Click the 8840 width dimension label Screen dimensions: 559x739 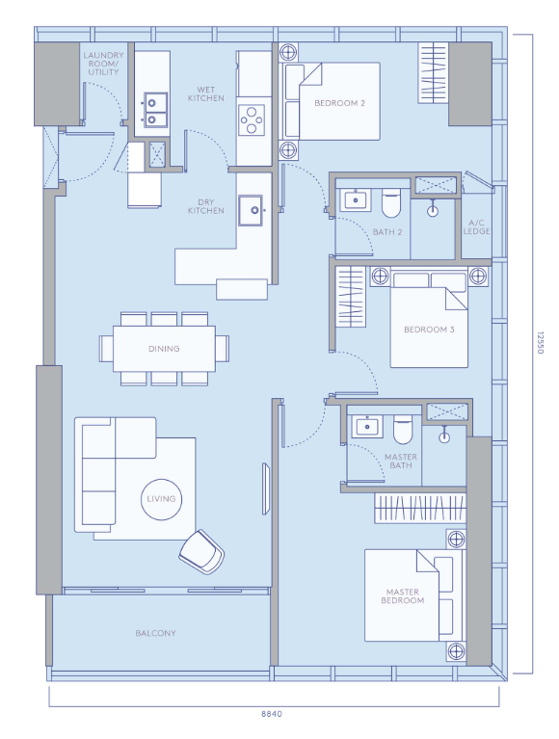point(272,714)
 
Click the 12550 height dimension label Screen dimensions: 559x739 point(540,343)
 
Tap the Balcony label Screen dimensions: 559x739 point(155,633)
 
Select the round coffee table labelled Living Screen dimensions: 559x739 point(161,500)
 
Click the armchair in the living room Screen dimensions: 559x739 point(201,551)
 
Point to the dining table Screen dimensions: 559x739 point(164,349)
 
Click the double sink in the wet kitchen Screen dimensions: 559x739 point(155,110)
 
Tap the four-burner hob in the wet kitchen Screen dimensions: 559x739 point(252,119)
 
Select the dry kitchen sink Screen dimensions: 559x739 point(251,210)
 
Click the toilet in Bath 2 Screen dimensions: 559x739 point(390,203)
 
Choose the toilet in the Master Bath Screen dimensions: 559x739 point(403,430)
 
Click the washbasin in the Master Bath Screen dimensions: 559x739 point(366,427)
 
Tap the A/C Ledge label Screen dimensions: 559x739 point(476,226)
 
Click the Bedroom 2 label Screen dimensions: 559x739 point(339,103)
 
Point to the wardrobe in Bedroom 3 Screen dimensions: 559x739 point(350,297)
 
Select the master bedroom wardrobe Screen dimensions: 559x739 point(420,508)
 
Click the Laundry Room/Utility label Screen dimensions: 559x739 point(103,64)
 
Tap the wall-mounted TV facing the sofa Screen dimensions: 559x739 point(266,488)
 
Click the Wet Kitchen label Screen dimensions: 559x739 point(206,93)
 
